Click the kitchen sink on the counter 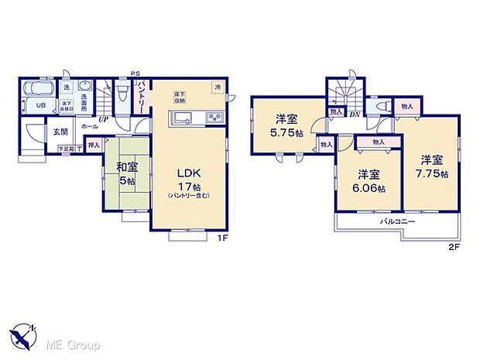(x=183, y=118)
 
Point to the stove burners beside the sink (x=212, y=118)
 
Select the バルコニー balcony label (x=397, y=222)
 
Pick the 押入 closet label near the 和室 (x=93, y=145)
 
